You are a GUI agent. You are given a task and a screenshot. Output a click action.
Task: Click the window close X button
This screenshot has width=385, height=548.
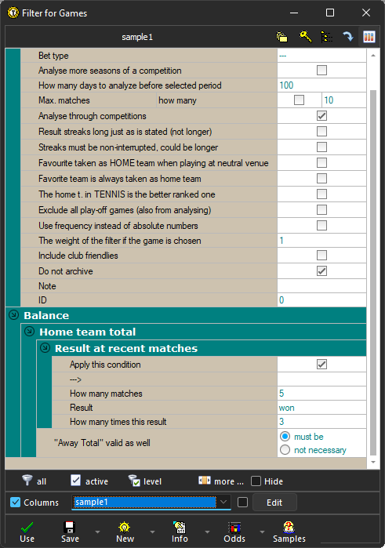(365, 13)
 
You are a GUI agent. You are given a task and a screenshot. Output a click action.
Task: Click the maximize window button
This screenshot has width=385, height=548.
(330, 13)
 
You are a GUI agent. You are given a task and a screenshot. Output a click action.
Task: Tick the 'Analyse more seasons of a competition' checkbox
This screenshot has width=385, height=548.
(321, 70)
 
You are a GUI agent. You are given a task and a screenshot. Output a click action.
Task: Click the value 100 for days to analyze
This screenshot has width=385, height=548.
(285, 85)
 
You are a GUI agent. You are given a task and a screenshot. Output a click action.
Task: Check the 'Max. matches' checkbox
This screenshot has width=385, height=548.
(299, 100)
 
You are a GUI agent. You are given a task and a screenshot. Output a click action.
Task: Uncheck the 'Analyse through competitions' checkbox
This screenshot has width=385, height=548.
(321, 116)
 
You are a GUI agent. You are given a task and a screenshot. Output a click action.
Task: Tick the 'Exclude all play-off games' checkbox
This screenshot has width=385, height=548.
(321, 209)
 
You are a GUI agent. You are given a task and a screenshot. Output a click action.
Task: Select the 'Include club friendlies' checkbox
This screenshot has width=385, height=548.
(321, 256)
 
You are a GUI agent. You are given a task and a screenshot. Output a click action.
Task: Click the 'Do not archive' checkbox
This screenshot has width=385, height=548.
(321, 271)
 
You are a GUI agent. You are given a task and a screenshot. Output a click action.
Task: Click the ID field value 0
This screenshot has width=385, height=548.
(281, 300)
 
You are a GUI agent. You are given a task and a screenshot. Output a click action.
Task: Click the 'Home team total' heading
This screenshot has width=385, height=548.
(87, 332)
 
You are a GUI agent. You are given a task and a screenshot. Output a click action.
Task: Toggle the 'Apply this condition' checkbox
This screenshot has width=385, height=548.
(321, 365)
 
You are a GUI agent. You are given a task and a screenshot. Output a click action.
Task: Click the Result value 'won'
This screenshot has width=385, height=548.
(286, 408)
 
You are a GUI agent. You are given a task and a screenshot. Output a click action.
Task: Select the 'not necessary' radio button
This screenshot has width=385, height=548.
(285, 450)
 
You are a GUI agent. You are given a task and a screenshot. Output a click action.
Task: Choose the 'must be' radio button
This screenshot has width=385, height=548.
(285, 436)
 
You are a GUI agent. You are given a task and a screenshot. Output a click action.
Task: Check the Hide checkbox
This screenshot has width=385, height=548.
(256, 481)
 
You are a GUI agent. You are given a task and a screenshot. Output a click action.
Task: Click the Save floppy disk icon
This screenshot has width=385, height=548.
(69, 527)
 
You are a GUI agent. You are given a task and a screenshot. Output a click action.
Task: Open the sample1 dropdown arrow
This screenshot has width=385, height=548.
(223, 502)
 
